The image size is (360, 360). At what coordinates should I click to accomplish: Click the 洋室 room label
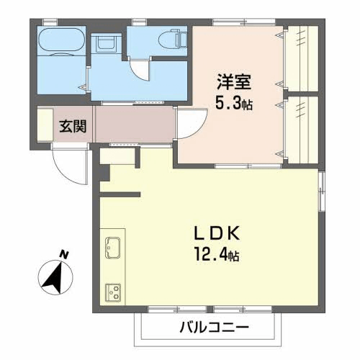pyautogui.click(x=234, y=82)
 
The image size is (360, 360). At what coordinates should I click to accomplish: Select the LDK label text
pyautogui.click(x=217, y=233)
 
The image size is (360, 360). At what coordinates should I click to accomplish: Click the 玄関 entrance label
pyautogui.click(x=73, y=126)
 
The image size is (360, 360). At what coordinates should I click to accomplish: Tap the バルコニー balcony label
pyautogui.click(x=215, y=326)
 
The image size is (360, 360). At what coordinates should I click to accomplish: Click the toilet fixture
pyautogui.click(x=173, y=38)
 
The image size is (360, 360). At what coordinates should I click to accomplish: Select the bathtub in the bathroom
pyautogui.click(x=62, y=40)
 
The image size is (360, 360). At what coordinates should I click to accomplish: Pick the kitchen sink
pyautogui.click(x=113, y=248)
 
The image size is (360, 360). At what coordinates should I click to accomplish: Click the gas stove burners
pyautogui.click(x=113, y=292)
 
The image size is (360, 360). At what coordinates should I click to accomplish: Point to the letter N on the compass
pyautogui.click(x=64, y=254)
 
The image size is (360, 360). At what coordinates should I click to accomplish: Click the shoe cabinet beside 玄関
pyautogui.click(x=45, y=125)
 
